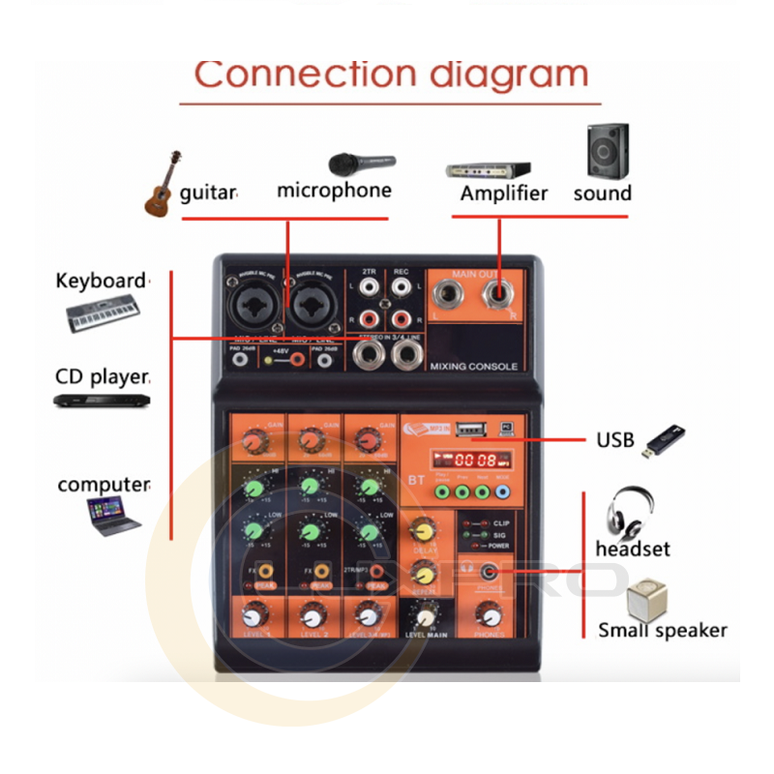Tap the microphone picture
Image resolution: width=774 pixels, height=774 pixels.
click(x=361, y=162)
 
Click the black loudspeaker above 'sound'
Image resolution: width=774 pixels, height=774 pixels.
click(x=607, y=151)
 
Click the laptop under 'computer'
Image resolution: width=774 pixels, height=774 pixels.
click(x=111, y=515)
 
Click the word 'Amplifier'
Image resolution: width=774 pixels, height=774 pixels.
click(x=504, y=193)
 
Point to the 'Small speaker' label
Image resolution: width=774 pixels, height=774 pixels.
click(x=662, y=631)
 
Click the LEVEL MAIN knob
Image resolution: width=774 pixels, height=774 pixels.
click(x=424, y=615)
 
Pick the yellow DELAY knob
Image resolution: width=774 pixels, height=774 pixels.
click(x=422, y=531)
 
